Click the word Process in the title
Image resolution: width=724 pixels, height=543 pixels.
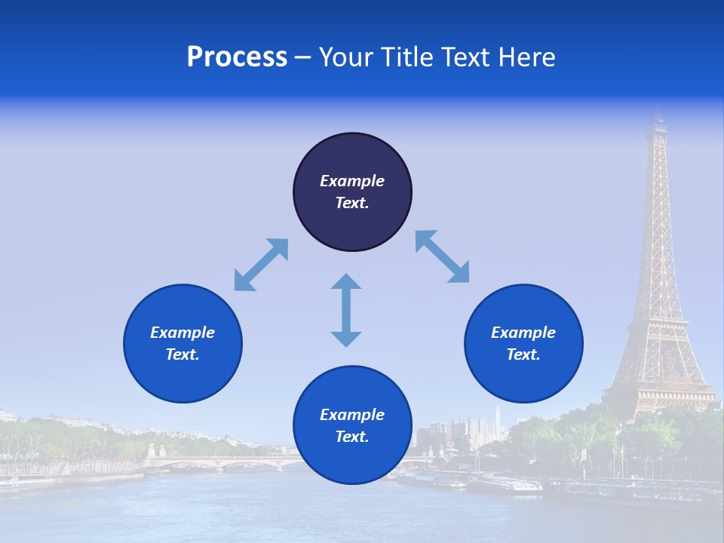237,57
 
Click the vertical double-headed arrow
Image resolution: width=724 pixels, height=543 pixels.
346,310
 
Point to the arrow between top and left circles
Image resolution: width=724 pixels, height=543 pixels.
261,264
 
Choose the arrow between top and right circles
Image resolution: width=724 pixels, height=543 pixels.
443,256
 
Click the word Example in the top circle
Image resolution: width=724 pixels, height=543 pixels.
352,181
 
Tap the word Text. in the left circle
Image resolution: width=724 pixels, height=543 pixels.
183,354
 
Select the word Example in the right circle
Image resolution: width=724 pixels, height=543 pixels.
523,333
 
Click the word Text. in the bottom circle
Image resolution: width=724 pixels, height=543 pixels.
352,437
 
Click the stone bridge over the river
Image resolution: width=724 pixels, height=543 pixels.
226,462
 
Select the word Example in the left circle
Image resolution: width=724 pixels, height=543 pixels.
183,333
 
